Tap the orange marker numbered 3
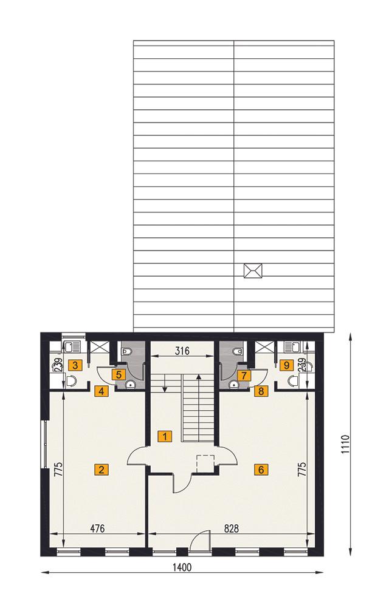(x=73, y=365)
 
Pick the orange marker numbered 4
(x=101, y=391)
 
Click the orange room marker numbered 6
(x=260, y=469)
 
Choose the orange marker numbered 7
(x=244, y=375)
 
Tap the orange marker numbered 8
(x=261, y=391)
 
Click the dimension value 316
(x=183, y=350)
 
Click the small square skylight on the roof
(x=252, y=271)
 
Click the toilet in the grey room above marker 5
(x=126, y=351)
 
